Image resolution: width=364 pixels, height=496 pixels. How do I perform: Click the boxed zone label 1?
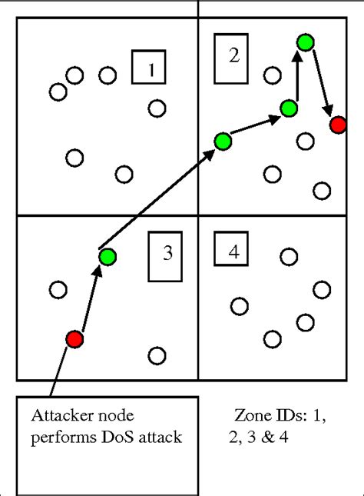149,68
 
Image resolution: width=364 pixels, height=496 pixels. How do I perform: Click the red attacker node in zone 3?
74,338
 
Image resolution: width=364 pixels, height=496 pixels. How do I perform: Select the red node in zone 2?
337,125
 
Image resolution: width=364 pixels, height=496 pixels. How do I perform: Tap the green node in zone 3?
107,256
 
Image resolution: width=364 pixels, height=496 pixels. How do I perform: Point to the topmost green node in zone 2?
306,42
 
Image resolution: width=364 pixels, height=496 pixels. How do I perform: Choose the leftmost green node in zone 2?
223,141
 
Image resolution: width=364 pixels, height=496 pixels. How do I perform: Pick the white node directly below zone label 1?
157,108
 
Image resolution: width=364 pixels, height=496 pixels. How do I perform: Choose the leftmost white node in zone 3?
58,290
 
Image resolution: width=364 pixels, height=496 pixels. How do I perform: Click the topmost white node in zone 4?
289,256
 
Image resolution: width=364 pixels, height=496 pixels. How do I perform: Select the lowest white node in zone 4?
272,338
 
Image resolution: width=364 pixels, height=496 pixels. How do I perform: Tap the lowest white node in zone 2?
322,190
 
